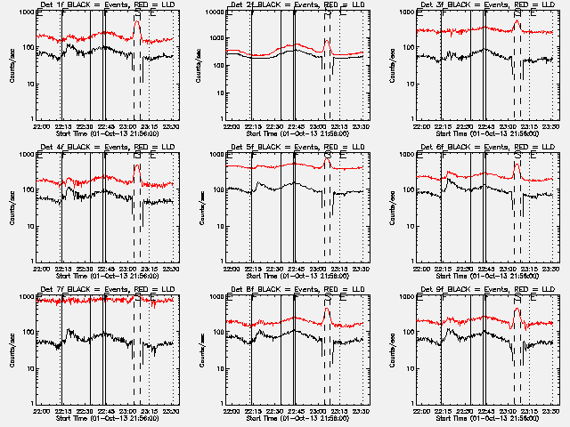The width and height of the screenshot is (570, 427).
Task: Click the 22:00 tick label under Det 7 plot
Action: coord(40,411)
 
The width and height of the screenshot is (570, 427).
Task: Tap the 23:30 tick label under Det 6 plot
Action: coord(553,269)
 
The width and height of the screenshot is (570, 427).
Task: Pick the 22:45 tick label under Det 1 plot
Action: coord(105,126)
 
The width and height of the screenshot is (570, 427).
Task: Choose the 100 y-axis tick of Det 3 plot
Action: coord(409,48)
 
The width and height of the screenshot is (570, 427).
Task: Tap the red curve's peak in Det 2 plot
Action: coord(327,40)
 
